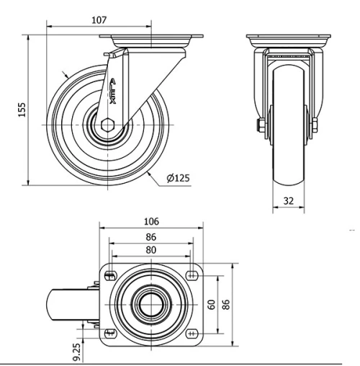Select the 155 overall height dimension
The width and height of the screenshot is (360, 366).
pyautogui.click(x=22, y=108)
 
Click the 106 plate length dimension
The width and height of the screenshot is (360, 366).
pyautogui.click(x=151, y=221)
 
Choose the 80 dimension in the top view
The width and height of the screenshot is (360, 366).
pyautogui.click(x=151, y=251)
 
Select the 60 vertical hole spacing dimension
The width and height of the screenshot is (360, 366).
pyautogui.click(x=212, y=303)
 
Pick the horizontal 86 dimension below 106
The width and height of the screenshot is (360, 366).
pyautogui.click(x=151, y=236)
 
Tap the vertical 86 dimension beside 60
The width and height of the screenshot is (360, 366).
pyautogui.click(x=225, y=303)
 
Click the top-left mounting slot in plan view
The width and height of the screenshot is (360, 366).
pyautogui.click(x=111, y=274)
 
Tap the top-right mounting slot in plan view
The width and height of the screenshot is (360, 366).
pyautogui.click(x=192, y=274)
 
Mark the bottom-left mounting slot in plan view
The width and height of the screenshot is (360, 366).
pyautogui.click(x=111, y=332)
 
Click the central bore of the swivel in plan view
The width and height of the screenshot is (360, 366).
pyautogui.click(x=150, y=303)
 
